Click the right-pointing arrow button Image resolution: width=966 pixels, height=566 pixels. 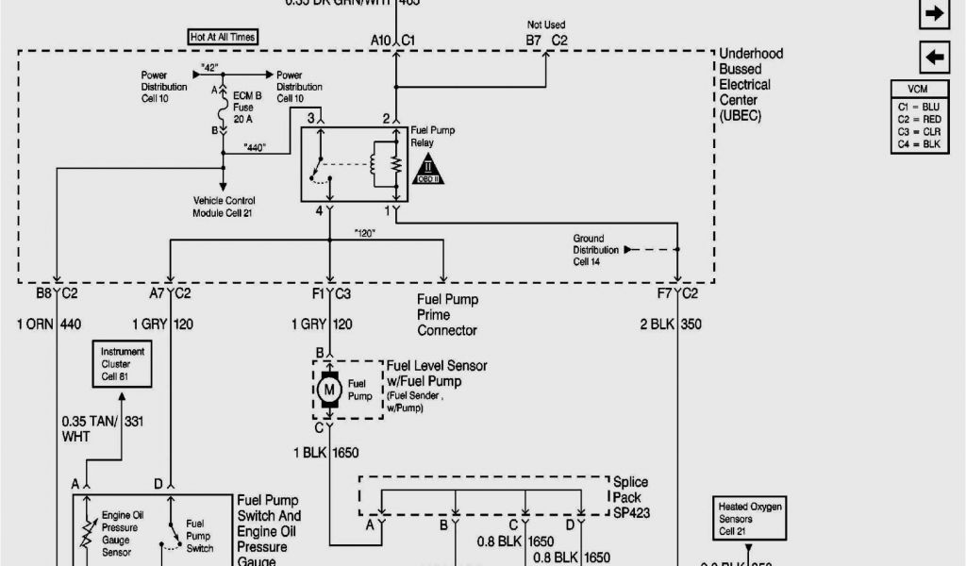pos(934,13)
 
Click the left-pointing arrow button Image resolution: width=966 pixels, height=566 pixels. pos(934,58)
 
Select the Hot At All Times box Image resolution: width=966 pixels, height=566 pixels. pos(223,37)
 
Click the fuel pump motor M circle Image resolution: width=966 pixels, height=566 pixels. pos(330,388)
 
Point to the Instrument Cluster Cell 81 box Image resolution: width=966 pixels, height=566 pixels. pos(123,363)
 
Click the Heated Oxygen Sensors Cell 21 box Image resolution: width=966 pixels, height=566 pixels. pos(749,518)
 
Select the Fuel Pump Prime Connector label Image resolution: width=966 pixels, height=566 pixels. pos(447,315)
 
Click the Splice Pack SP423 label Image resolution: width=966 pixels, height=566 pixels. pos(630,497)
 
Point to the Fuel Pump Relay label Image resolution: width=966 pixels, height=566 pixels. pos(432,137)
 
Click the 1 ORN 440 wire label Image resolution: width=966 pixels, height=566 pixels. pos(49,325)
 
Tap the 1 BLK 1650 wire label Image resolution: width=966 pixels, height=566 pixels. pos(325,453)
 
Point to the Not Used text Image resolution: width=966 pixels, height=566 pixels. pos(546,25)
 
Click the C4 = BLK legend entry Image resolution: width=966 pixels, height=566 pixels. pos(920,144)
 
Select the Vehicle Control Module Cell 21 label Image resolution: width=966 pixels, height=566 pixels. pos(225,208)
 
